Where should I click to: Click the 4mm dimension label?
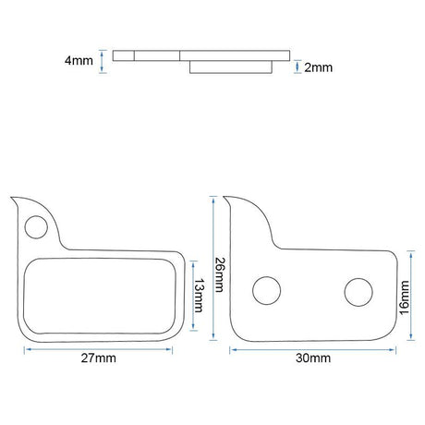point(79,60)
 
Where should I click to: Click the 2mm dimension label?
point(319,67)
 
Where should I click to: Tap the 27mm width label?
point(99,358)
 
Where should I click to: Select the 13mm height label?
point(199,296)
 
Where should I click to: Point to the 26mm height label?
point(220,274)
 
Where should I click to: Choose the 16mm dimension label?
point(404,297)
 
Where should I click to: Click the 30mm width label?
point(313,358)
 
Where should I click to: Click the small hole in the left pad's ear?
point(36,227)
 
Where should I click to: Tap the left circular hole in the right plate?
point(266,291)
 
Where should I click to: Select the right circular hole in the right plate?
point(358,292)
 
